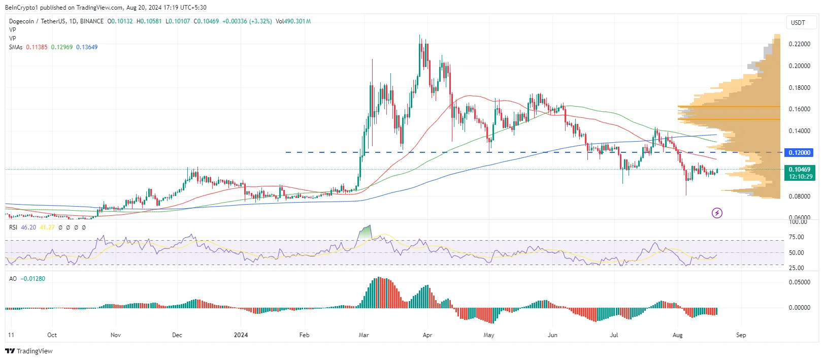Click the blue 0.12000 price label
[799, 153]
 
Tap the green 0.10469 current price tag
[799, 173]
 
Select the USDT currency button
[798, 22]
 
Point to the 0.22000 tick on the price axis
[799, 45]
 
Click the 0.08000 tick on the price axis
[799, 197]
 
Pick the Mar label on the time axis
[364, 335]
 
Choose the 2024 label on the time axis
[241, 335]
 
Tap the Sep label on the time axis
[741, 335]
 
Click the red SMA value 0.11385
[37, 47]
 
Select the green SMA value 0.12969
[61, 47]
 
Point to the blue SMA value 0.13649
[87, 47]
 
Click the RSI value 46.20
[28, 227]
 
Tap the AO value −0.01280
[34, 279]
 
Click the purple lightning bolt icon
[717, 213]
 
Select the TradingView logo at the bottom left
[29, 351]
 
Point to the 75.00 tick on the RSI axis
[797, 237]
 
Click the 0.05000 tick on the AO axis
[799, 282]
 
